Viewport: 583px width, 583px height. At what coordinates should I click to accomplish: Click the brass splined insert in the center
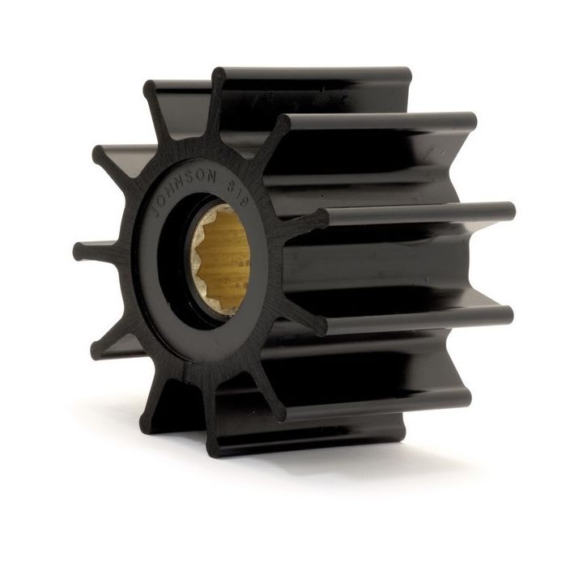(221, 259)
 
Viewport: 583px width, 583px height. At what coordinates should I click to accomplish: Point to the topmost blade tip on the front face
(218, 75)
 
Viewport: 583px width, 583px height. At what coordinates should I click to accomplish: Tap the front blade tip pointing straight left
(79, 249)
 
